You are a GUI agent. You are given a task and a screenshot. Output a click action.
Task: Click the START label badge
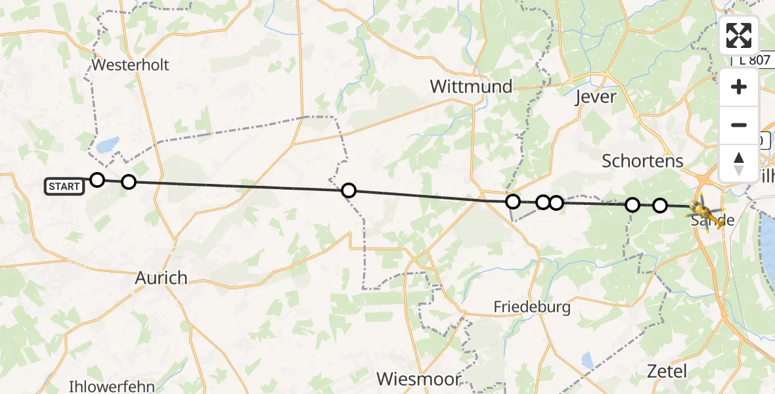tap(64, 186)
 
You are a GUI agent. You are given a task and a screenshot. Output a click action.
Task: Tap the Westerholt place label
tap(131, 65)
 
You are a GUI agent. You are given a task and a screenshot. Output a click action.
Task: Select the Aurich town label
tap(161, 278)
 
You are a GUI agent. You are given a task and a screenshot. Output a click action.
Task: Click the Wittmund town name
tap(471, 87)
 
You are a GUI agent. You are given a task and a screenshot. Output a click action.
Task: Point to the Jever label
tap(595, 97)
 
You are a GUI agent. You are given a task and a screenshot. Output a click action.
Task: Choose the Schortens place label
tap(642, 161)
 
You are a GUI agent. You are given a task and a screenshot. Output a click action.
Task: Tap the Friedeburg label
tap(532, 307)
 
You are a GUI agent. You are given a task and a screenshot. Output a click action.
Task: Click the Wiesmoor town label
tap(418, 379)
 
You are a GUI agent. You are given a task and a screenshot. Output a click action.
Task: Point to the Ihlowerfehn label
tap(111, 385)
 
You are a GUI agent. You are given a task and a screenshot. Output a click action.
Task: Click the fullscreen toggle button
tap(739, 35)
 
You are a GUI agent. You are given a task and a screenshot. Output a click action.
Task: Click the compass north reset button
tap(739, 163)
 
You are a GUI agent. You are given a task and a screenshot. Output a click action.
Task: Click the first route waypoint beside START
tap(97, 180)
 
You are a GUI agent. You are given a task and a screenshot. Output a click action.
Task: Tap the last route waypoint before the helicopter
tap(659, 206)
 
